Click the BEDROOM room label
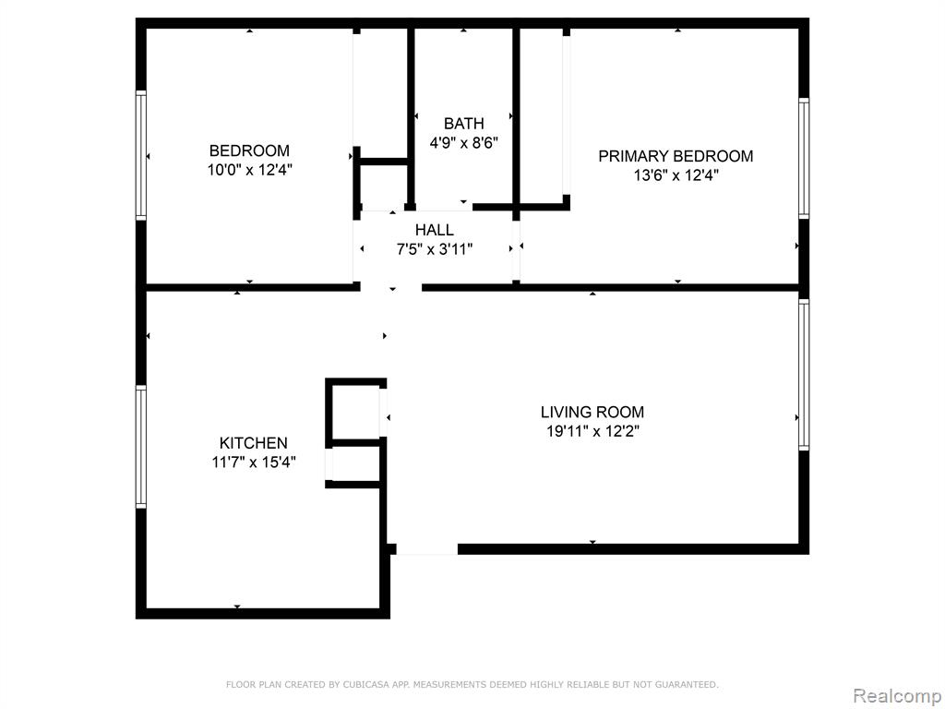(249, 150)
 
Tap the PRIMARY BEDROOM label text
(676, 156)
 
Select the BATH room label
(463, 124)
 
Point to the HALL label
(435, 230)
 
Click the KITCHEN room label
(253, 443)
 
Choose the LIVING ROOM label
(592, 413)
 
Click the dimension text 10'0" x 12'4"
(249, 170)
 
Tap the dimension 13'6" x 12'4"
(676, 175)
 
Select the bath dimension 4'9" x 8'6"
(463, 143)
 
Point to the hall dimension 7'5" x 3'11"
(435, 249)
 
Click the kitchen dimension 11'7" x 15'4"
(253, 463)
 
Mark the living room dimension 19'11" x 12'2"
(592, 432)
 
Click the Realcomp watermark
(898, 696)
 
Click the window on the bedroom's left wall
(141, 155)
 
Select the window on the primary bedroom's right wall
(804, 158)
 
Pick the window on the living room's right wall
(804, 375)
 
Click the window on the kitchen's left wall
(141, 447)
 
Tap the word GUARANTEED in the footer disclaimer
(687, 684)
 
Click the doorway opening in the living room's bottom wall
(426, 549)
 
